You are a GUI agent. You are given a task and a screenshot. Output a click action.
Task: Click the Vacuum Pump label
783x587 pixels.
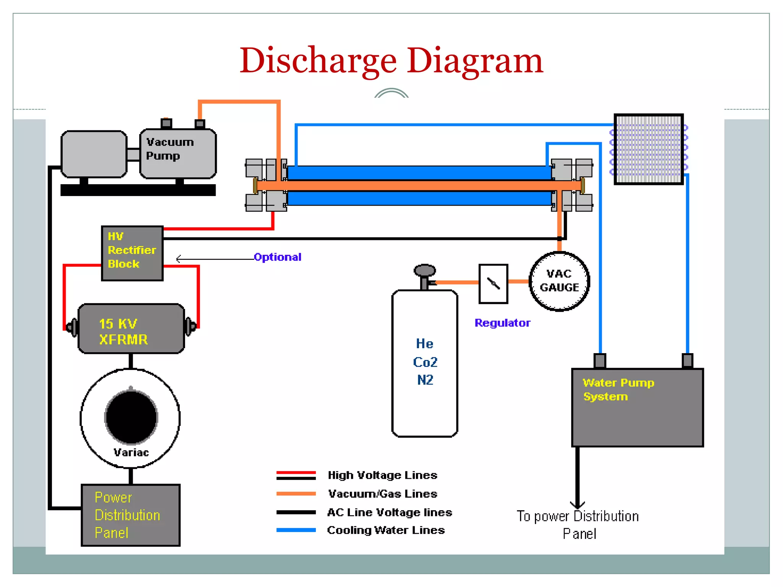[170, 149]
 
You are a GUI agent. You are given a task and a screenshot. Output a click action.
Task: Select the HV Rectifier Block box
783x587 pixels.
[132, 253]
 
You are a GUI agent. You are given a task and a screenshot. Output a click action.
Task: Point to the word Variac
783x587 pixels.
[131, 452]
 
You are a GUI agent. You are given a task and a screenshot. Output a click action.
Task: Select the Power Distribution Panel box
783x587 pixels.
[131, 515]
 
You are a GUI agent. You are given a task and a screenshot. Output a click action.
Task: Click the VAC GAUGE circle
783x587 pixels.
[559, 281]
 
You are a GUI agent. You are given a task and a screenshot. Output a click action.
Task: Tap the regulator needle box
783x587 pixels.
[493, 284]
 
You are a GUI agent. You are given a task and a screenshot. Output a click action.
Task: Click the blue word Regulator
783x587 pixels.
[502, 323]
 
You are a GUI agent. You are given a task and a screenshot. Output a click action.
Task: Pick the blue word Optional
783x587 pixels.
[278, 257]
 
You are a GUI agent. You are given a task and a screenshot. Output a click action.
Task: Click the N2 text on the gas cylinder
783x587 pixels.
[425, 380]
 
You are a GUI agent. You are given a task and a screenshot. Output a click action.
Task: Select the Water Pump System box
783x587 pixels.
[637, 407]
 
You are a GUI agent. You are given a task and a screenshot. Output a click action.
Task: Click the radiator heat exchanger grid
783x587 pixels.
[648, 149]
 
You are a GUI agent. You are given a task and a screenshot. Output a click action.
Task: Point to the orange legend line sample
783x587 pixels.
[296, 494]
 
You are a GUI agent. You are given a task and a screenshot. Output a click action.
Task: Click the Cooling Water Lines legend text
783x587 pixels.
[386, 530]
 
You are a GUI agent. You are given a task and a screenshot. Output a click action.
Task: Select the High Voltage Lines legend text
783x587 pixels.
[382, 475]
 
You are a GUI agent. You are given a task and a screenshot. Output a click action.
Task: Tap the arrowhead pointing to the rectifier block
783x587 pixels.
[178, 259]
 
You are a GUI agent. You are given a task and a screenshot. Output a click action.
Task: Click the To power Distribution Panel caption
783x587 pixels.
[578, 524]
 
